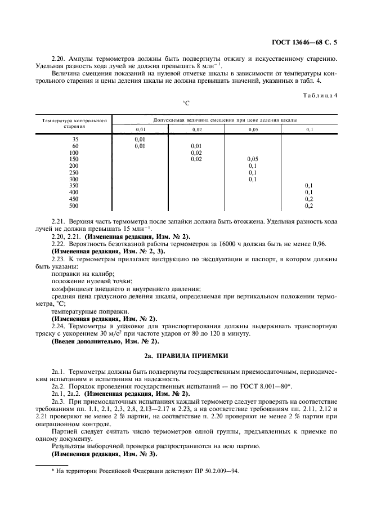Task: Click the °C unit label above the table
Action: point(186,104)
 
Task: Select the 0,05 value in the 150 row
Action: point(253,159)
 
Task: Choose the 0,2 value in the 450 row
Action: point(309,199)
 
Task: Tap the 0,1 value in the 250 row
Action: point(253,173)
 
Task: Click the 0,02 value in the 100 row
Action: point(196,153)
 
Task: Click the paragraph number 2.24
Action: point(58,326)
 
